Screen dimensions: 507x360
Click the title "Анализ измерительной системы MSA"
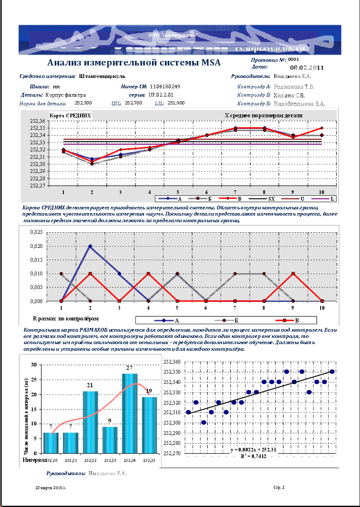click(x=134, y=63)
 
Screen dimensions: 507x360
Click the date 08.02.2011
click(x=307, y=67)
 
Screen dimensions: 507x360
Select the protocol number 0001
click(x=293, y=60)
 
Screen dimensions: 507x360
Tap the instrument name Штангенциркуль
click(x=101, y=76)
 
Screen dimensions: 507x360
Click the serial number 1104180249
click(x=165, y=87)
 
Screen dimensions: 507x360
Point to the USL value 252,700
click(x=133, y=103)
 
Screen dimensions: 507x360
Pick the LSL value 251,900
click(x=176, y=103)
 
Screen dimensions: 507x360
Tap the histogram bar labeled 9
click(x=110, y=439)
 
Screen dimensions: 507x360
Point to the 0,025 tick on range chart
click(x=36, y=233)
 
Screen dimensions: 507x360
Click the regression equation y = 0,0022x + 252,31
click(x=253, y=449)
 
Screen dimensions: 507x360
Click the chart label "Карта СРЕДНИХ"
click(x=70, y=115)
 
